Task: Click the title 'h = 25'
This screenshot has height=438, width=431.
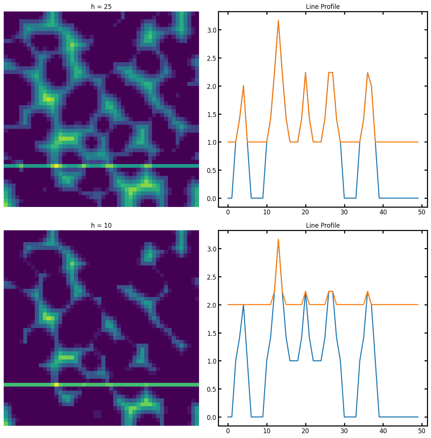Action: click(101, 7)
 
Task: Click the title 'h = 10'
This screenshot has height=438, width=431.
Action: click(101, 225)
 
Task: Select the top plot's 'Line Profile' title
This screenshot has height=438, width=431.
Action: click(323, 7)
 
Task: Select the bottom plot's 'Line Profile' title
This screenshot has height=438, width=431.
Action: click(323, 225)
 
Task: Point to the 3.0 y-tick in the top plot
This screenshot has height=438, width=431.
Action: click(210, 30)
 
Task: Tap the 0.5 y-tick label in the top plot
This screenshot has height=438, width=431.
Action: click(210, 170)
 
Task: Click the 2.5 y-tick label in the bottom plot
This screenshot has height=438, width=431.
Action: click(210, 277)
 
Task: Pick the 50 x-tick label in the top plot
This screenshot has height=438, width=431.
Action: click(422, 212)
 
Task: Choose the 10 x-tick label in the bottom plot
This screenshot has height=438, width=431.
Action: click(267, 431)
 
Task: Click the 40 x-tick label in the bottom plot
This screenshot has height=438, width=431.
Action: click(383, 431)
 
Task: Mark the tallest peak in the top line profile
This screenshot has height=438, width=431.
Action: click(278, 21)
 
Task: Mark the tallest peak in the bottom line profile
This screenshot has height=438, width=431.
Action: click(278, 240)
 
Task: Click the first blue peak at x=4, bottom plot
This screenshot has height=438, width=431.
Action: click(243, 305)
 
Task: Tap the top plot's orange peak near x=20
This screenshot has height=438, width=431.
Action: click(306, 73)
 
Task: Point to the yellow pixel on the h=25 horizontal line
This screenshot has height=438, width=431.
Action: click(56, 166)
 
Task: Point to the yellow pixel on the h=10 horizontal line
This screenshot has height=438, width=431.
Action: click(56, 385)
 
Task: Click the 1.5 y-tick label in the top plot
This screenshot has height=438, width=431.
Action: click(210, 114)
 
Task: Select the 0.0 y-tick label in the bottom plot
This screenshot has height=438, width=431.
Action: click(210, 417)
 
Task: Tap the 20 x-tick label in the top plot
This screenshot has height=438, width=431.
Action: click(306, 212)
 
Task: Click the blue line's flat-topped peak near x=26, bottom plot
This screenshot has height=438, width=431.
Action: click(330, 291)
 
